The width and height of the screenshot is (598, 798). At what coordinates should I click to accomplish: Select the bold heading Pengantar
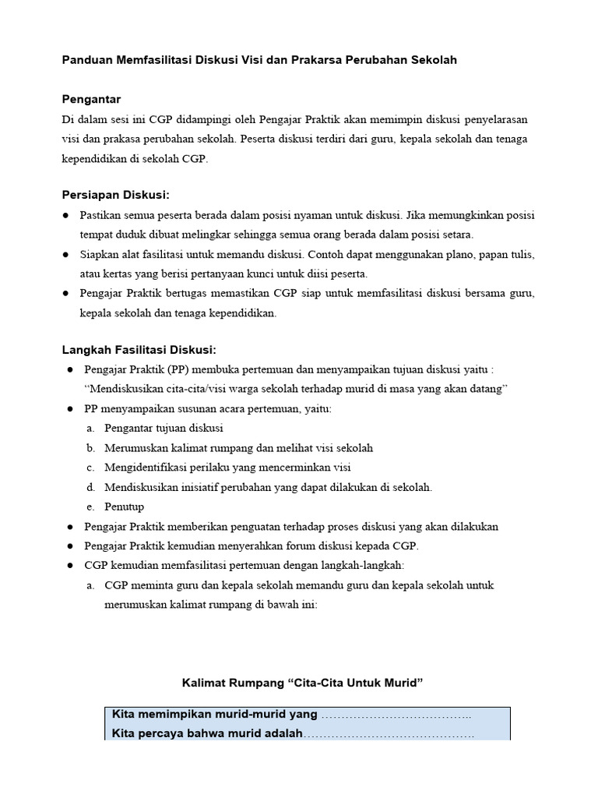(92, 99)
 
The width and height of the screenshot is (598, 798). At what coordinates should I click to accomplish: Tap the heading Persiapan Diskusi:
(115, 194)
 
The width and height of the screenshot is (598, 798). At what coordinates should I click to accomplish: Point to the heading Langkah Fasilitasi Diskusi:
(139, 349)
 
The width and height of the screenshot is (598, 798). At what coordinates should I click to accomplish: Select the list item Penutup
(124, 507)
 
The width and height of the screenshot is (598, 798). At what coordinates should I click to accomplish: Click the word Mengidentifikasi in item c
(144, 468)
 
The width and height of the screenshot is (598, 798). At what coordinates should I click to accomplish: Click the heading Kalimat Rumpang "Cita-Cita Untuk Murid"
(302, 683)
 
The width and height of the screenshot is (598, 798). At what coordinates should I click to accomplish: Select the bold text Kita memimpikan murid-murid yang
(215, 714)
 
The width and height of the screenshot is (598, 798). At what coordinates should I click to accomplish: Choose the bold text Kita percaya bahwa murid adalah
(207, 733)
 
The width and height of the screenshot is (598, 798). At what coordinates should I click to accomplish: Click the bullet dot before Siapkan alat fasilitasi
(65, 254)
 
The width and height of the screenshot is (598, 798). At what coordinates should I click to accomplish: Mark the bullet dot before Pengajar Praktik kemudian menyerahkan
(70, 545)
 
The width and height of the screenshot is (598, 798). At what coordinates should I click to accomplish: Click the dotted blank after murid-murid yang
(396, 715)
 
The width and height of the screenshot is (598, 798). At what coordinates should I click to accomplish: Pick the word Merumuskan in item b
(134, 448)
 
